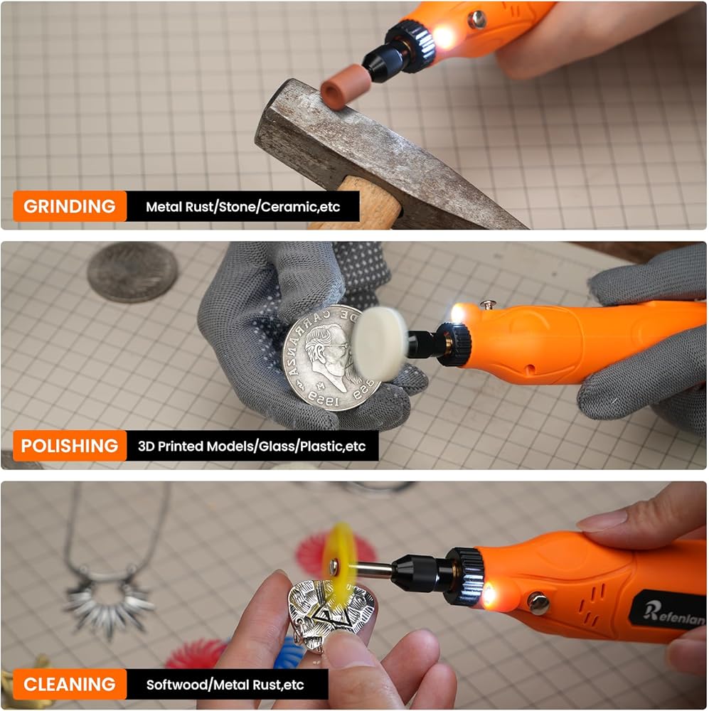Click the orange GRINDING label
pyautogui.click(x=70, y=206)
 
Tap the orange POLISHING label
pyautogui.click(x=70, y=446)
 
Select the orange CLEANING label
pyautogui.click(x=70, y=684)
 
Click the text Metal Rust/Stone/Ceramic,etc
pyautogui.click(x=242, y=207)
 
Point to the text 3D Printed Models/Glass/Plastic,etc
pyautogui.click(x=252, y=447)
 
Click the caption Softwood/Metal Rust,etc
pyautogui.click(x=225, y=685)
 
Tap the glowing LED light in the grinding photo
pyautogui.click(x=444, y=36)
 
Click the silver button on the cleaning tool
pyautogui.click(x=538, y=604)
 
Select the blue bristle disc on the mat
pyautogui.click(x=289, y=653)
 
